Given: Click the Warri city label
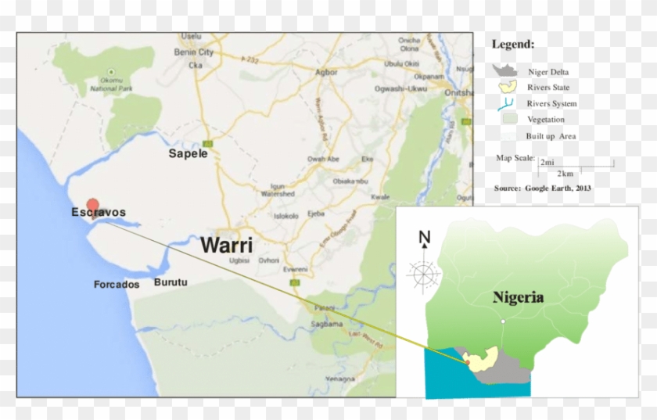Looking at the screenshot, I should point(227,245).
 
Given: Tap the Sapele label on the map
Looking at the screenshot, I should point(188,154).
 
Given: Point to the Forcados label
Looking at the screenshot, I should point(117,285).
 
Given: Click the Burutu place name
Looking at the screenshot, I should point(171,282).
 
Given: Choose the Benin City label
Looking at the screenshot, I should point(195,52).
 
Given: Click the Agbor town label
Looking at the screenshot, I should point(325,72).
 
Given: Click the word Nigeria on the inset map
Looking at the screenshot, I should point(518,297).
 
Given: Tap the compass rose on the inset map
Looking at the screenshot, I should point(424,275).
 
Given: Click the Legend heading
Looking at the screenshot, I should point(513,45).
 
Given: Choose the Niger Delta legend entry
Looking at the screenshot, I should point(547,72).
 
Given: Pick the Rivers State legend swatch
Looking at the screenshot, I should point(508,88).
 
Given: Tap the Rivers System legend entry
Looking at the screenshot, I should point(551,103).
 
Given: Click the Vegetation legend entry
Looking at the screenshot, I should point(545,120).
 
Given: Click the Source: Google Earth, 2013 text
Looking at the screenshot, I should point(542,188).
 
